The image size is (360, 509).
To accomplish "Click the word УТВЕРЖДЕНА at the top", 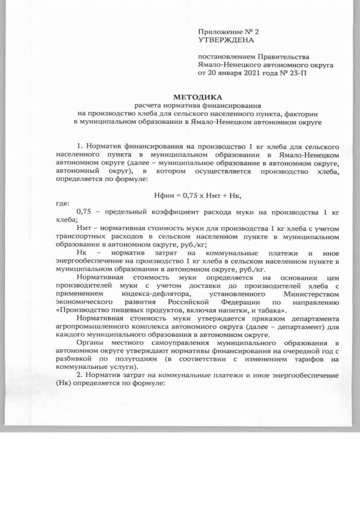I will coord(226,40).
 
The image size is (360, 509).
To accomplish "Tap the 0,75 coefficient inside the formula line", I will coord(191,194).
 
